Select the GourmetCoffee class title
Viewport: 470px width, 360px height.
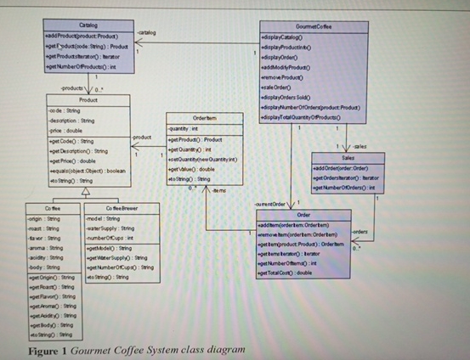pos(314,27)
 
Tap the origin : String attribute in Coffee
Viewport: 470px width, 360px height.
pos(39,218)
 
